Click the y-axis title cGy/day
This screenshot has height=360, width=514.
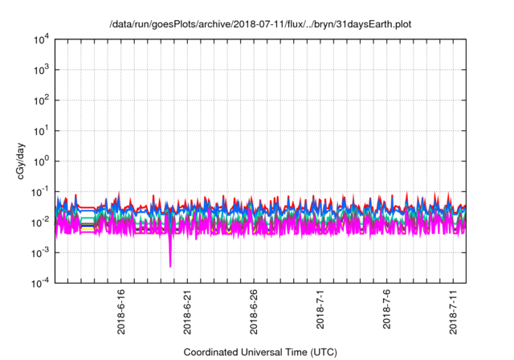coord(22,161)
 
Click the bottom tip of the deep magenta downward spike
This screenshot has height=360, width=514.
coord(170,266)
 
